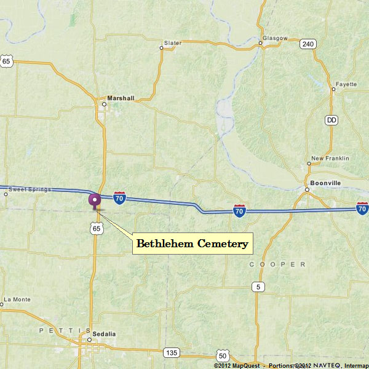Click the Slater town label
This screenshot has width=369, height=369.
tap(173, 43)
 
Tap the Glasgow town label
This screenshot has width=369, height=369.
tap(275, 38)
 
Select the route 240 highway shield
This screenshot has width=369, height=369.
tap(308, 44)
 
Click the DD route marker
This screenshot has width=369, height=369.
tap(332, 120)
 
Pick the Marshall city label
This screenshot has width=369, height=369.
tap(121, 98)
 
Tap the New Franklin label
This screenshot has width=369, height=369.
tap(330, 158)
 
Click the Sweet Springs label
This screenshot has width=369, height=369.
tap(30, 189)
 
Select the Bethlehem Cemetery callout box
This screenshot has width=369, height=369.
tap(192, 244)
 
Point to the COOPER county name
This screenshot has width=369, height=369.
tap(277, 264)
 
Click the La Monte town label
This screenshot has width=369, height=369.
tap(17, 300)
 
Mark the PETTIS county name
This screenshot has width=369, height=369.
tap(59, 330)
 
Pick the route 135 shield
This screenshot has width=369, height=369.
tap(172, 352)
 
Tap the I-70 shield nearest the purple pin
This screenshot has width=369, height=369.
tap(120, 198)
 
